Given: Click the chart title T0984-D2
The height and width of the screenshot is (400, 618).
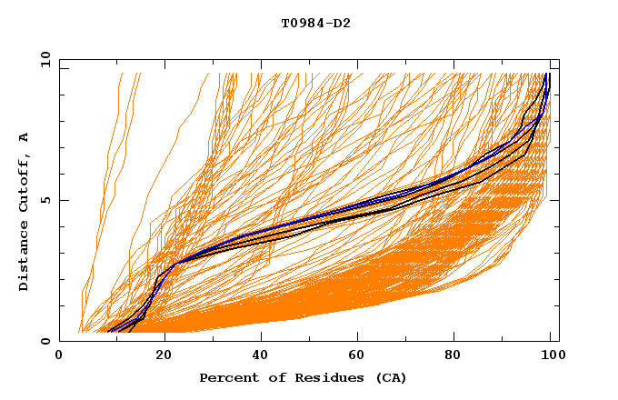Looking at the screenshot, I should click(315, 24).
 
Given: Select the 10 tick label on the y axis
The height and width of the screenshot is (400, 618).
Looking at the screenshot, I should click(43, 59).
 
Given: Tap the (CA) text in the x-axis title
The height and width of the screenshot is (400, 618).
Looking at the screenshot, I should click(389, 377).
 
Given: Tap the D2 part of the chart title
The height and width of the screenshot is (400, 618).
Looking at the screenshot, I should click(342, 24).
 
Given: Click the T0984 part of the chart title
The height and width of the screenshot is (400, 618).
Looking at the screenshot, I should click(302, 24).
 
